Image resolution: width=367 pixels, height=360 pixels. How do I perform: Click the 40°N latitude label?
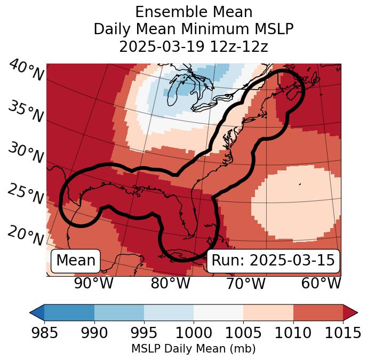[x=26, y=71]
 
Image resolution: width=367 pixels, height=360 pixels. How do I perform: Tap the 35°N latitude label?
[x=26, y=112]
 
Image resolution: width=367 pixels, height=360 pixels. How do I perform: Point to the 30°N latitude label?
[x=26, y=153]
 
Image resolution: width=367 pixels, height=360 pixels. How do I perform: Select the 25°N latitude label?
[x=26, y=195]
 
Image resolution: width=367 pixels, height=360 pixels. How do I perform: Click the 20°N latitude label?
[x=26, y=236]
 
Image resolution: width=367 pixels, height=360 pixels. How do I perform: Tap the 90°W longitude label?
[x=94, y=283]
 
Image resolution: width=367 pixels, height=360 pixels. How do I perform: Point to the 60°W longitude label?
[x=321, y=283]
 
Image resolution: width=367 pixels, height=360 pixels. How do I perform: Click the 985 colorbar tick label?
[x=44, y=333]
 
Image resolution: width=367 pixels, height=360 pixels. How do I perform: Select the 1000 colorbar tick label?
[x=193, y=333]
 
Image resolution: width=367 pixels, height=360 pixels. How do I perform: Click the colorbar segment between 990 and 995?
[x=119, y=312]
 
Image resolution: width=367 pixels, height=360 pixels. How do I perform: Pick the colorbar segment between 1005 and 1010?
[x=268, y=312]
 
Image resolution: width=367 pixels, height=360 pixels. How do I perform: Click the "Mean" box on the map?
[x=76, y=261]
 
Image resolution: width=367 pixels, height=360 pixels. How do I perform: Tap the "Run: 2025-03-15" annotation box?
[x=273, y=261]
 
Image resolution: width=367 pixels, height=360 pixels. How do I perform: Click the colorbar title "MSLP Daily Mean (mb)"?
[x=193, y=349]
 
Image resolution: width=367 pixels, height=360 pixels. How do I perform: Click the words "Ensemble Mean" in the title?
[x=193, y=12]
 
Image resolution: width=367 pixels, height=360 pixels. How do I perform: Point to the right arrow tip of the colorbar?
[x=356, y=312]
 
